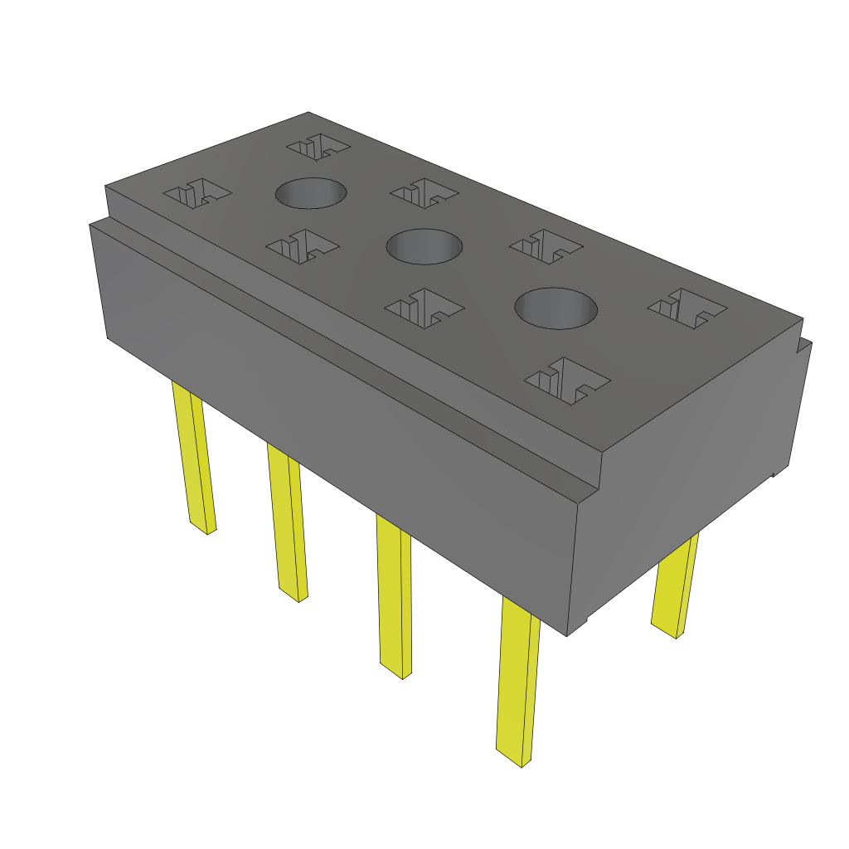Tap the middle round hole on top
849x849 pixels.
pyautogui.click(x=424, y=246)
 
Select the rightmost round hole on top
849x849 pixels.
pyautogui.click(x=555, y=308)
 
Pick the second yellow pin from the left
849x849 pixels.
pyautogui.click(x=287, y=522)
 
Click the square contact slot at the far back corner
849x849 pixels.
pyautogui.click(x=318, y=148)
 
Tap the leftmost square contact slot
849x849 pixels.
pyautogui.click(x=197, y=195)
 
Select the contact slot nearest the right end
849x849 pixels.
pyautogui.click(x=686, y=308)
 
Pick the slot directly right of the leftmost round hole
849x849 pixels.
pyautogui.click(x=424, y=194)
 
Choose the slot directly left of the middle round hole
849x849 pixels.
pyautogui.click(x=301, y=245)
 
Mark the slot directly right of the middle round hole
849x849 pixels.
pyautogui.click(x=546, y=246)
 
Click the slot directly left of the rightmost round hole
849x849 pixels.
pyautogui.click(x=424, y=307)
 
